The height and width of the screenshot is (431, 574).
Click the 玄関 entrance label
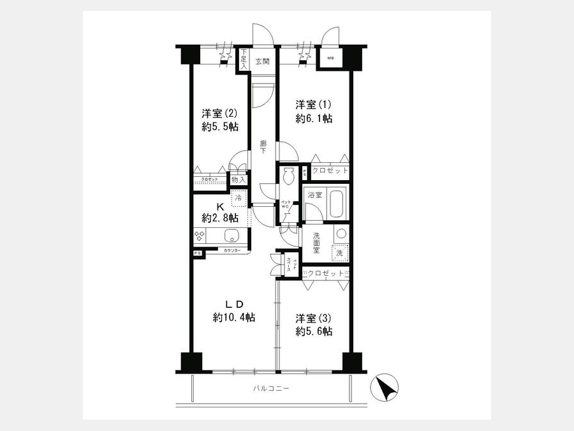pyautogui.click(x=261, y=62)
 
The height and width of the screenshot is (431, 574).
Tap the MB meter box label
pyautogui.click(x=330, y=59)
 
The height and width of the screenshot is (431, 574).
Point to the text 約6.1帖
pyautogui.click(x=314, y=118)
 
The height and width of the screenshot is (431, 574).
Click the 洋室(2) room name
pyautogui.click(x=220, y=114)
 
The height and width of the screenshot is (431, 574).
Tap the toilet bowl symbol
pyautogui.click(x=288, y=175)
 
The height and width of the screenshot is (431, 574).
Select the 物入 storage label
pyautogui.click(x=238, y=181)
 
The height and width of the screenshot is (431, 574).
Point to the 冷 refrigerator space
pyautogui.click(x=238, y=199)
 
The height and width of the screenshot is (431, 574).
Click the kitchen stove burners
pyautogui.click(x=200, y=236)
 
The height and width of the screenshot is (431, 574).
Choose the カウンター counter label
pyautogui.click(x=232, y=251)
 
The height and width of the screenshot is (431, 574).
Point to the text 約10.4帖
pyautogui.click(x=234, y=317)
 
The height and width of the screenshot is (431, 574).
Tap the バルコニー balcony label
pyautogui.click(x=270, y=388)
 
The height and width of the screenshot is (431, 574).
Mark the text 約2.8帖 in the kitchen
pyautogui.click(x=220, y=218)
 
